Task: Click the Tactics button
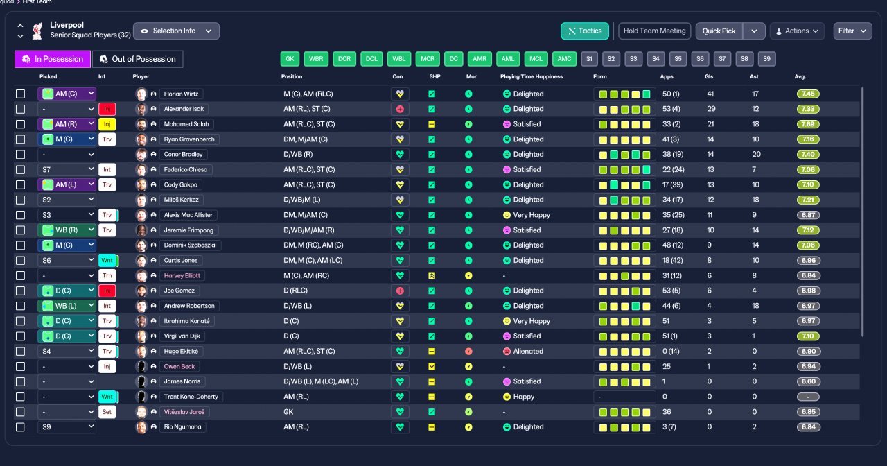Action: pyautogui.click(x=584, y=31)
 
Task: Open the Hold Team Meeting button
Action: pyautogui.click(x=654, y=31)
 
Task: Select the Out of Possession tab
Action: pyautogui.click(x=137, y=59)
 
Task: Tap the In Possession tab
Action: pyautogui.click(x=53, y=59)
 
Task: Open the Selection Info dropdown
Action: pyautogui.click(x=176, y=31)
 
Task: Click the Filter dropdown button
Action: pyautogui.click(x=852, y=31)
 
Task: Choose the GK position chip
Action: pyautogui.click(x=290, y=59)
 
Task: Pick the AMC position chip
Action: pyautogui.click(x=564, y=59)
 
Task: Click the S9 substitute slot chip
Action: pyautogui.click(x=766, y=59)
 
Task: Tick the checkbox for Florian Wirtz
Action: pyautogui.click(x=20, y=94)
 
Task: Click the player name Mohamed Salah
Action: pyautogui.click(x=186, y=124)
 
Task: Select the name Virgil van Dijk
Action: pyautogui.click(x=182, y=336)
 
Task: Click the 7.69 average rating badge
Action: pyautogui.click(x=808, y=124)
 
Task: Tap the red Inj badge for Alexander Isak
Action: pyautogui.click(x=107, y=109)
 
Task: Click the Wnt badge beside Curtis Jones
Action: pyautogui.click(x=107, y=260)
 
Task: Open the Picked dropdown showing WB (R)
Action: pyautogui.click(x=67, y=230)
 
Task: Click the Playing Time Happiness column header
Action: pyautogui.click(x=532, y=76)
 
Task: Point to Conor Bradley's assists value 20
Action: pyautogui.click(x=756, y=154)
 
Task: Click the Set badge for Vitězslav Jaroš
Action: pyautogui.click(x=107, y=412)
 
